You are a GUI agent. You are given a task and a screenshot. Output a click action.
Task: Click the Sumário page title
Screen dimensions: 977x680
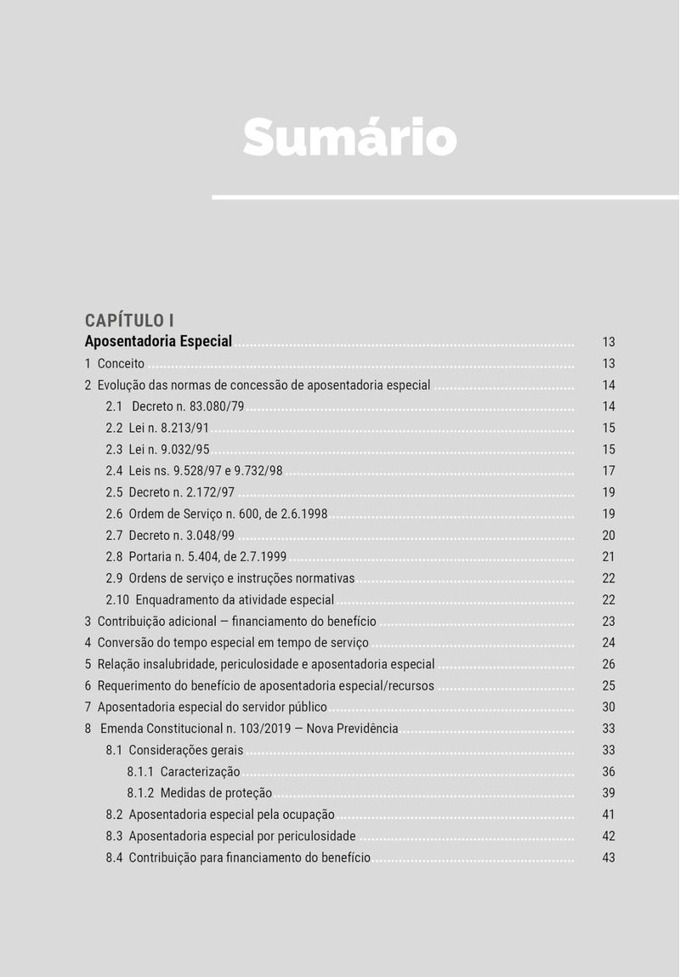[x=349, y=137]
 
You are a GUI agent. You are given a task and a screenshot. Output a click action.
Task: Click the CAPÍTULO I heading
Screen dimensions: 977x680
[x=129, y=321]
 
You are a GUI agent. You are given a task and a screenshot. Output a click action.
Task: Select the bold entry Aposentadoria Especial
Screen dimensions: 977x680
[x=158, y=342]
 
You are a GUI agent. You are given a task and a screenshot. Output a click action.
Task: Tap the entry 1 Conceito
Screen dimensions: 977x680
[x=115, y=364]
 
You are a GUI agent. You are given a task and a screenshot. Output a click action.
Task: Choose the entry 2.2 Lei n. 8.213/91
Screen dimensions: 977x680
[x=157, y=429]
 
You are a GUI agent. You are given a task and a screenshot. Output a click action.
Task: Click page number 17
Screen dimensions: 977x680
[x=608, y=471]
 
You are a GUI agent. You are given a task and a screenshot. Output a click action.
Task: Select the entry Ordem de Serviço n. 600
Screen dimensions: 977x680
[x=217, y=514]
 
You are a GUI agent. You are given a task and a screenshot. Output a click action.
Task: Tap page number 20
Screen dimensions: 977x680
[x=608, y=536]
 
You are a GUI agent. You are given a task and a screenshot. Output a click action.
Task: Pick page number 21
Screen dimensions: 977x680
[x=608, y=557]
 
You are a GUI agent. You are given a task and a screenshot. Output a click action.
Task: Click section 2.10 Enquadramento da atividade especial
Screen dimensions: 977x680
[x=219, y=600]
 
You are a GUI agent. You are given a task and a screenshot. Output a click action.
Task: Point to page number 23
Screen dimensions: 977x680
[x=608, y=622]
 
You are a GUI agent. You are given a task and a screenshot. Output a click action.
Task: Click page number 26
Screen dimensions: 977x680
[x=608, y=664]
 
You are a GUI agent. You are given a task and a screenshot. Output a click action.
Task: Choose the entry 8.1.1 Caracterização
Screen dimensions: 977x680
[x=184, y=772]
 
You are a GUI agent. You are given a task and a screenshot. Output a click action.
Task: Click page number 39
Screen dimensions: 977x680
[x=608, y=793]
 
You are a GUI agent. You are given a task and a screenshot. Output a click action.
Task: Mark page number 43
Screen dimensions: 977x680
[x=608, y=858]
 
